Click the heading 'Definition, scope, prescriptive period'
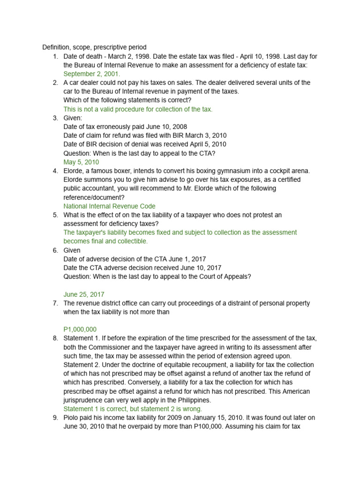click(x=94, y=47)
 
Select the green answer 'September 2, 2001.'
click(x=92, y=74)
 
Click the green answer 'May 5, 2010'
click(x=81, y=162)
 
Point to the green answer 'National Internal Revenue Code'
click(x=109, y=206)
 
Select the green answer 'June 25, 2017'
click(x=84, y=294)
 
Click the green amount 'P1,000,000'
click(x=80, y=330)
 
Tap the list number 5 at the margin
click(x=55, y=215)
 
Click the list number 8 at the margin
click(x=55, y=338)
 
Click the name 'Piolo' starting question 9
click(x=72, y=418)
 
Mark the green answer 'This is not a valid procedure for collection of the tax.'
click(x=138, y=109)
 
